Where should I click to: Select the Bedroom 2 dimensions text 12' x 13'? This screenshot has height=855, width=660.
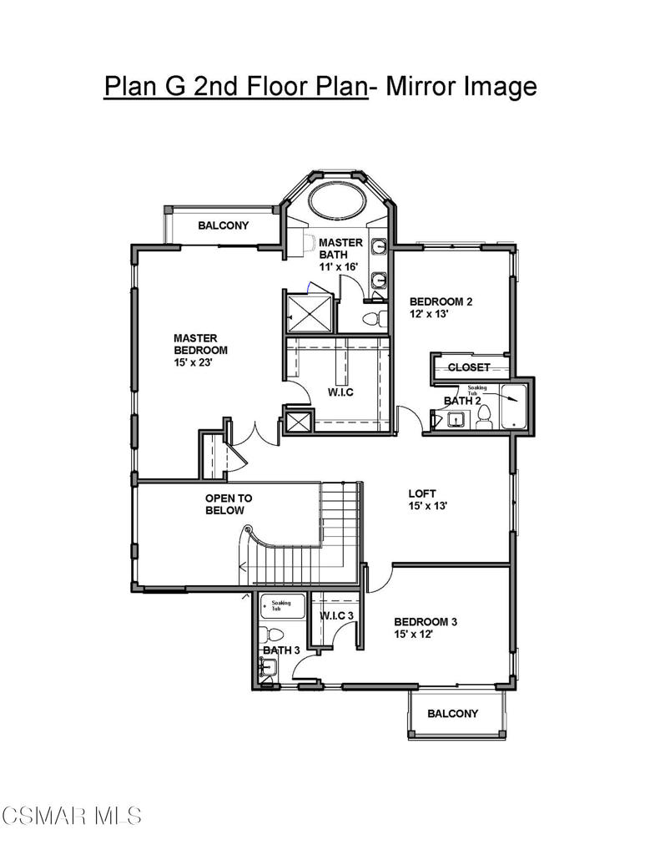428,314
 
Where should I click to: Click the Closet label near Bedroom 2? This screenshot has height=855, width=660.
469,367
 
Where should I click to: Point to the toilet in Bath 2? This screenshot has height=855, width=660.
484,417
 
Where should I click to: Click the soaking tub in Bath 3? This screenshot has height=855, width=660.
282,606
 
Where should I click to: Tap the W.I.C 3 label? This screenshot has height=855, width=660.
336,615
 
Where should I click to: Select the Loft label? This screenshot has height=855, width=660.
422,493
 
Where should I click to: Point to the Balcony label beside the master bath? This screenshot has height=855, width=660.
224,225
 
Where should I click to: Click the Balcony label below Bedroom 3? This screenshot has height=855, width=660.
453,713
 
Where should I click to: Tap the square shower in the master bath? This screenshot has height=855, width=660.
309,313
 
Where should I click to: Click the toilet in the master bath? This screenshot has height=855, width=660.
375,318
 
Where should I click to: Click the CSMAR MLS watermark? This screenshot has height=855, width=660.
72,816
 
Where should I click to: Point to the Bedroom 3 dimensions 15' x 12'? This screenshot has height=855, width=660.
414,635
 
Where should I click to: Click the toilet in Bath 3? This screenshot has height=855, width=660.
271,635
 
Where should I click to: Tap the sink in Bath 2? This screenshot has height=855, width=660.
456,419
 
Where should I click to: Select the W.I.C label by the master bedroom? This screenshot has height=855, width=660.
340,392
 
